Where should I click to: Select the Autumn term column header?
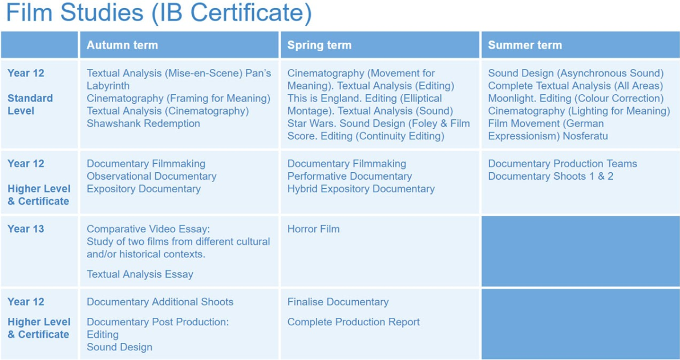(x=122, y=45)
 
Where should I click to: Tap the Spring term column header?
(x=319, y=45)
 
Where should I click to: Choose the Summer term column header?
(x=525, y=45)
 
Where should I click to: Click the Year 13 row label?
(x=26, y=229)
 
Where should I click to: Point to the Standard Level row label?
(x=30, y=104)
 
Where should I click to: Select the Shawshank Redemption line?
(x=144, y=124)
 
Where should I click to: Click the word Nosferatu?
(x=585, y=136)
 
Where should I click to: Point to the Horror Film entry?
(x=314, y=229)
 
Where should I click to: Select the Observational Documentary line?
(x=151, y=176)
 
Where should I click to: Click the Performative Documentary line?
(x=350, y=176)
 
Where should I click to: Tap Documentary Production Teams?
(x=562, y=164)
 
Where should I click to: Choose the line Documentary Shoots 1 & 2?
(x=551, y=176)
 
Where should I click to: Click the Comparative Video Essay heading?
(x=148, y=229)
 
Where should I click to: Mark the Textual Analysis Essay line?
(x=140, y=274)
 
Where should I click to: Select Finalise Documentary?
(x=338, y=302)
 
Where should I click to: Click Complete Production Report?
(x=354, y=322)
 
